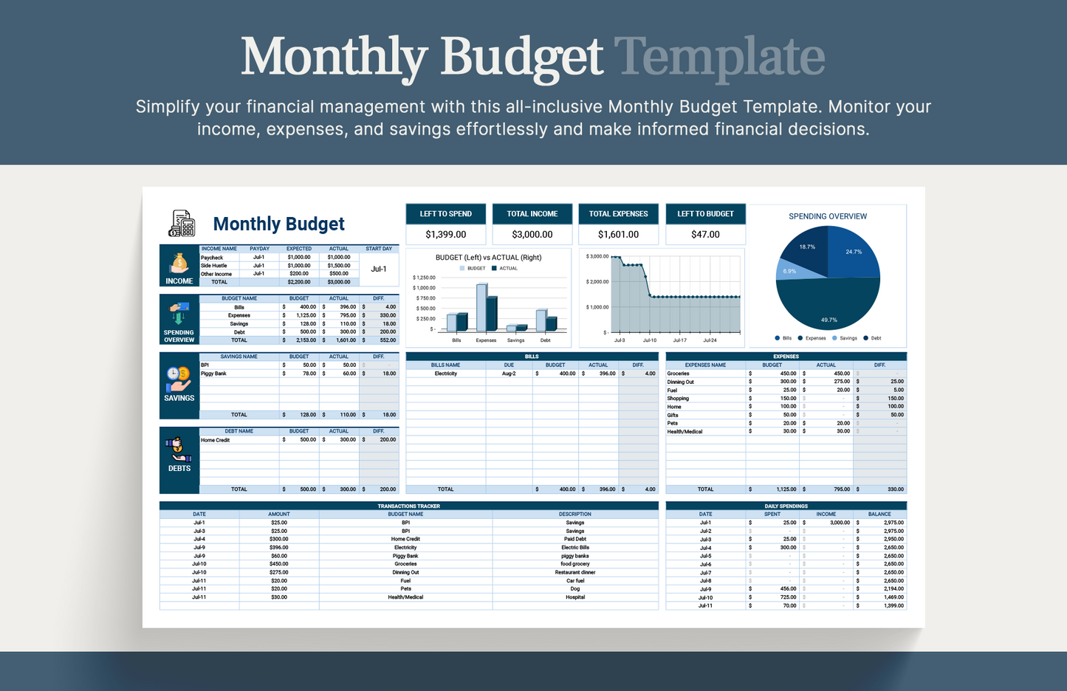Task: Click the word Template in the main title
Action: (x=719, y=57)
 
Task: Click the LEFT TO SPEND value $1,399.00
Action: (x=445, y=235)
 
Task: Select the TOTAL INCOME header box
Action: (x=532, y=214)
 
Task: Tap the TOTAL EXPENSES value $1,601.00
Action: (x=618, y=235)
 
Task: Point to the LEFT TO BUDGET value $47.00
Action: (x=705, y=235)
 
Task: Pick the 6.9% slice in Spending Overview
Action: (x=789, y=272)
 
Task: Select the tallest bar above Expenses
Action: (x=481, y=307)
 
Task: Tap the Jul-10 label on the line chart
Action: (x=649, y=340)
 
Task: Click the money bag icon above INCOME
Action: (x=179, y=263)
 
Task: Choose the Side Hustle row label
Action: (x=214, y=266)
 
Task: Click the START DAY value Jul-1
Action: (x=379, y=269)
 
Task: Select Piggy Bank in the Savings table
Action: (x=214, y=374)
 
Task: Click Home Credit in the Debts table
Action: (x=216, y=440)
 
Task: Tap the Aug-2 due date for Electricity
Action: (x=509, y=374)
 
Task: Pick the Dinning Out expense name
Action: (x=681, y=382)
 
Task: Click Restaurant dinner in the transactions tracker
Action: (x=574, y=572)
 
